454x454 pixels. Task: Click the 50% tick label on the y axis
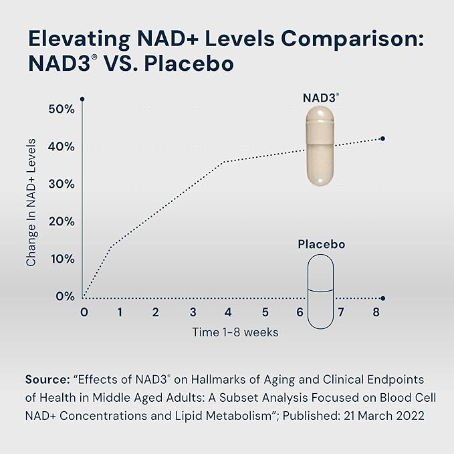61,109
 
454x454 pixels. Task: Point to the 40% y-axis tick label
61,146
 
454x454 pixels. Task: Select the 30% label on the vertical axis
61,184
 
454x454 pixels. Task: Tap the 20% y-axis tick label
61,221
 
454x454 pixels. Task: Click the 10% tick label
61,259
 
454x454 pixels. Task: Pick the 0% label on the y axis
65,296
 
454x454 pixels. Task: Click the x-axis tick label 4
228,312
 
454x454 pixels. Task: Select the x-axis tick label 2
155,312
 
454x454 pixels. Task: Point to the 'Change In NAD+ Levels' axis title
31,203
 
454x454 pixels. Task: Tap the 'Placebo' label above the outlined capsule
322,245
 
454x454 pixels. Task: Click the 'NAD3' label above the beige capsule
319,98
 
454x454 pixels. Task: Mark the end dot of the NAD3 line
382,138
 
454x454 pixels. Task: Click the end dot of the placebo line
382,298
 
